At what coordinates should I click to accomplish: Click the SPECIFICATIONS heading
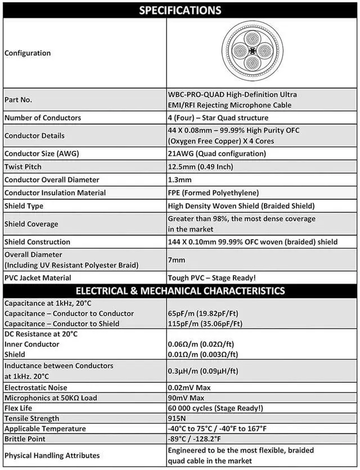click(x=180, y=10)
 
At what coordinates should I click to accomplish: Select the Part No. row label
click(x=18, y=100)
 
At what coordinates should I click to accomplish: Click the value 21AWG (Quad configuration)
click(x=217, y=154)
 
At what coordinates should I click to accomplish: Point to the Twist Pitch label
click(x=23, y=167)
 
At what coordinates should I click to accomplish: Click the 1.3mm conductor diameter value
click(x=180, y=180)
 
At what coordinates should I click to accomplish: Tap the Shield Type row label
click(x=24, y=206)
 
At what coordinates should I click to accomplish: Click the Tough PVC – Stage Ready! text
click(x=211, y=277)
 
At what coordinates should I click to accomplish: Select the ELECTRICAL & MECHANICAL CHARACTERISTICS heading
click(x=180, y=291)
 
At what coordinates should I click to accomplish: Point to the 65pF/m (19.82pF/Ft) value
click(x=205, y=314)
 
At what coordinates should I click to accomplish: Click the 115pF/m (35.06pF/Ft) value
click(x=205, y=324)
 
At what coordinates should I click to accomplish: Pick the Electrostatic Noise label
click(x=35, y=388)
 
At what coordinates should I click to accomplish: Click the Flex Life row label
click(x=20, y=408)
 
